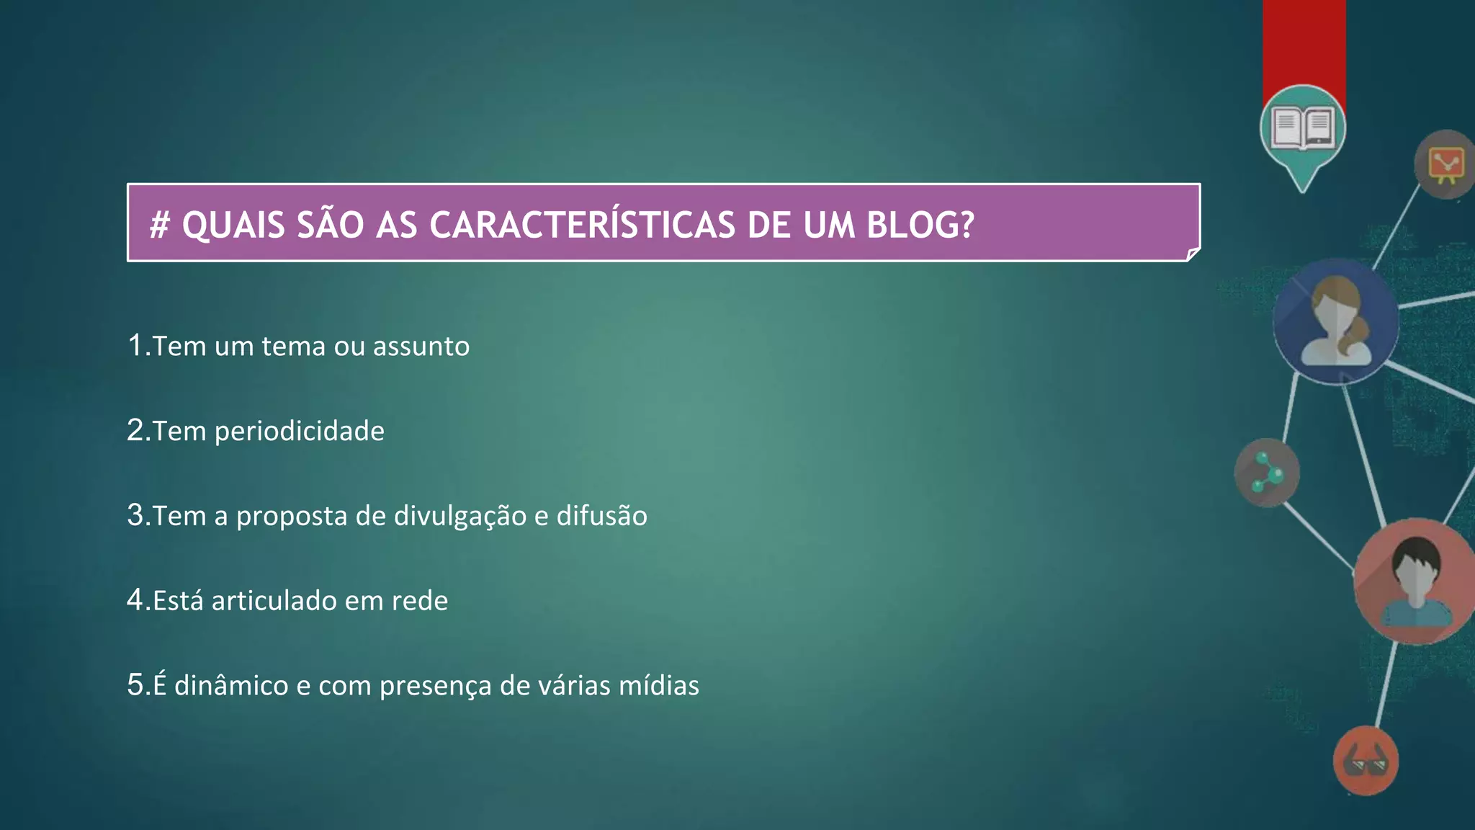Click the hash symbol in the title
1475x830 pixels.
coord(159,226)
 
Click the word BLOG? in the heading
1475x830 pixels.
coord(920,225)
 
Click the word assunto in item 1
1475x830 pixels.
coord(421,347)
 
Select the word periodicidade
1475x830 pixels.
coord(300,432)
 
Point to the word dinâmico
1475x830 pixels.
coord(231,685)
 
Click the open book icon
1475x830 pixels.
coord(1302,128)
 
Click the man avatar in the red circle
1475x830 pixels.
coord(1416,581)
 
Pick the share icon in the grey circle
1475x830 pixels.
coord(1267,473)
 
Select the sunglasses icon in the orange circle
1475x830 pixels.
coord(1366,762)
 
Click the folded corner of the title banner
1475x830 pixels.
coord(1193,254)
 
